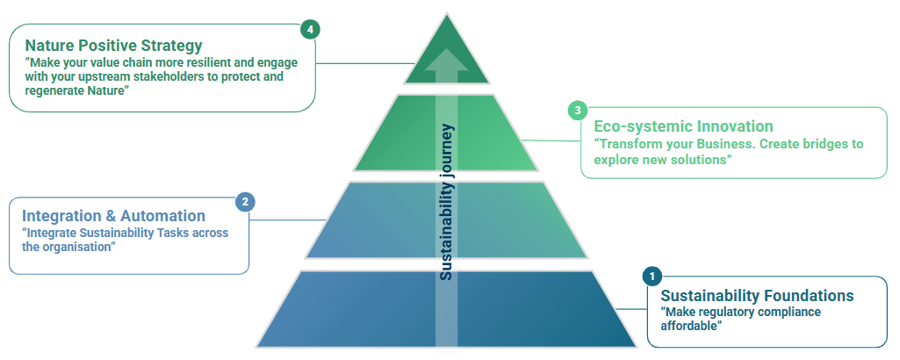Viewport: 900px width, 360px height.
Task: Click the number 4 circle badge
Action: (308, 29)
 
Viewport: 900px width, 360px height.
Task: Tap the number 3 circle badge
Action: (577, 110)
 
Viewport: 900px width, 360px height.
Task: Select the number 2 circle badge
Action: (246, 201)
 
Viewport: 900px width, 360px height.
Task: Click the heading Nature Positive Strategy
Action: (113, 45)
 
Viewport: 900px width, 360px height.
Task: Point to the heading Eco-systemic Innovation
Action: (683, 126)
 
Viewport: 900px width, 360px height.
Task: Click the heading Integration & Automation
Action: (113, 216)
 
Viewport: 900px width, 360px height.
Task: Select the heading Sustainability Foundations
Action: (757, 295)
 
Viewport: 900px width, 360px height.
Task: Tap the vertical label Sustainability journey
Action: (447, 202)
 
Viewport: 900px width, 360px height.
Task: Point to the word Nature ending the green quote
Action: (104, 90)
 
